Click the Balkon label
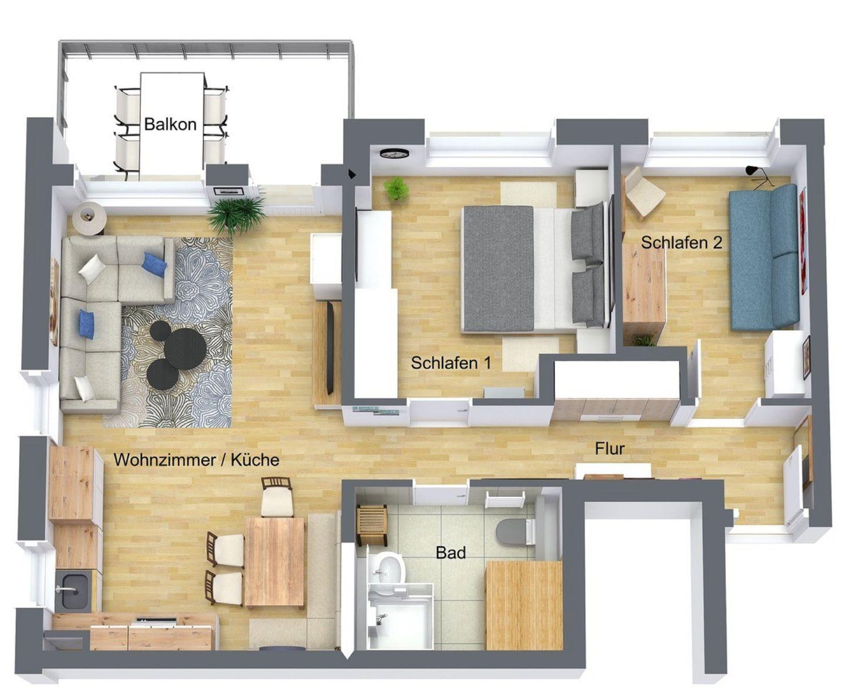tap(170, 124)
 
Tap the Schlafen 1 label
tap(451, 363)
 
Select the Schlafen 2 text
tap(681, 242)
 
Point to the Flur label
tap(610, 449)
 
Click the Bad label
tap(451, 553)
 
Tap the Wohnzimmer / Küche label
tap(197, 460)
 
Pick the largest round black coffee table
tap(185, 349)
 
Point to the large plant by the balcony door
tap(236, 215)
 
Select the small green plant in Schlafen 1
tap(396, 189)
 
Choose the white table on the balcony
tap(172, 126)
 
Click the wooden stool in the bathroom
tap(372, 525)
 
